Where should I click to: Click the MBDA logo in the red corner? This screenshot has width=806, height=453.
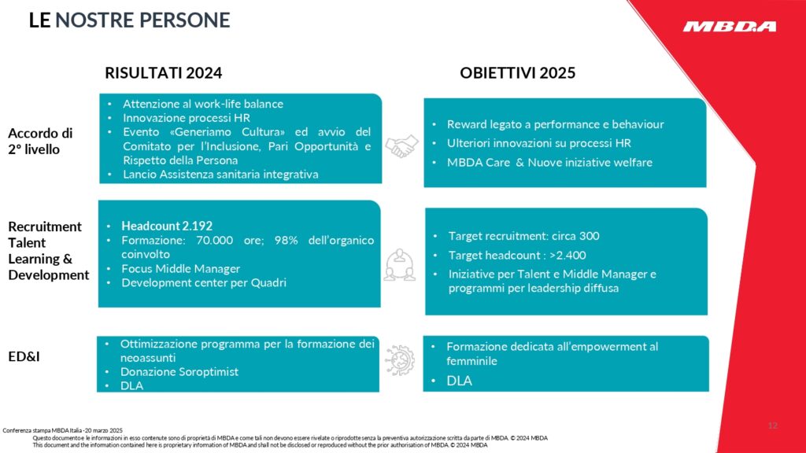coord(729,27)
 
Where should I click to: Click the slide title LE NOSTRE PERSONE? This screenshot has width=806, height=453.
coord(129,20)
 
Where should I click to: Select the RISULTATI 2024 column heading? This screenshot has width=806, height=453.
coord(164,73)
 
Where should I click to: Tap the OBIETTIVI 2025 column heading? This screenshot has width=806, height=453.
coord(517,73)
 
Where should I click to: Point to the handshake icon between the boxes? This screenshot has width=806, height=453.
coord(401,143)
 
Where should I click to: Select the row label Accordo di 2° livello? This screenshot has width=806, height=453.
coord(40,141)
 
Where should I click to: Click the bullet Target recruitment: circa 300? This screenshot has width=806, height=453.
coord(523,236)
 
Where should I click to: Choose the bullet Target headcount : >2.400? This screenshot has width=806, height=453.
coord(517,255)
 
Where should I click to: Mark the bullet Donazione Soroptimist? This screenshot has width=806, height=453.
coord(179,371)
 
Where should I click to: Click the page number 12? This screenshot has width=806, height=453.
coord(772,425)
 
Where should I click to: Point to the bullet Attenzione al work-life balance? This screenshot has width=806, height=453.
coord(202,104)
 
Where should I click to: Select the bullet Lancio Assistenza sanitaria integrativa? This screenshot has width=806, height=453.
coord(220,175)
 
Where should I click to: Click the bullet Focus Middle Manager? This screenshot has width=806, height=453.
coord(180,268)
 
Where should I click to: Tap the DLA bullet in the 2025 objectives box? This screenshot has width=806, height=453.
coord(459,381)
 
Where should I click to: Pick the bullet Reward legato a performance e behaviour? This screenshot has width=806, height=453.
coord(555,124)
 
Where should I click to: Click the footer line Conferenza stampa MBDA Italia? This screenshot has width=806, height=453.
coord(63,430)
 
